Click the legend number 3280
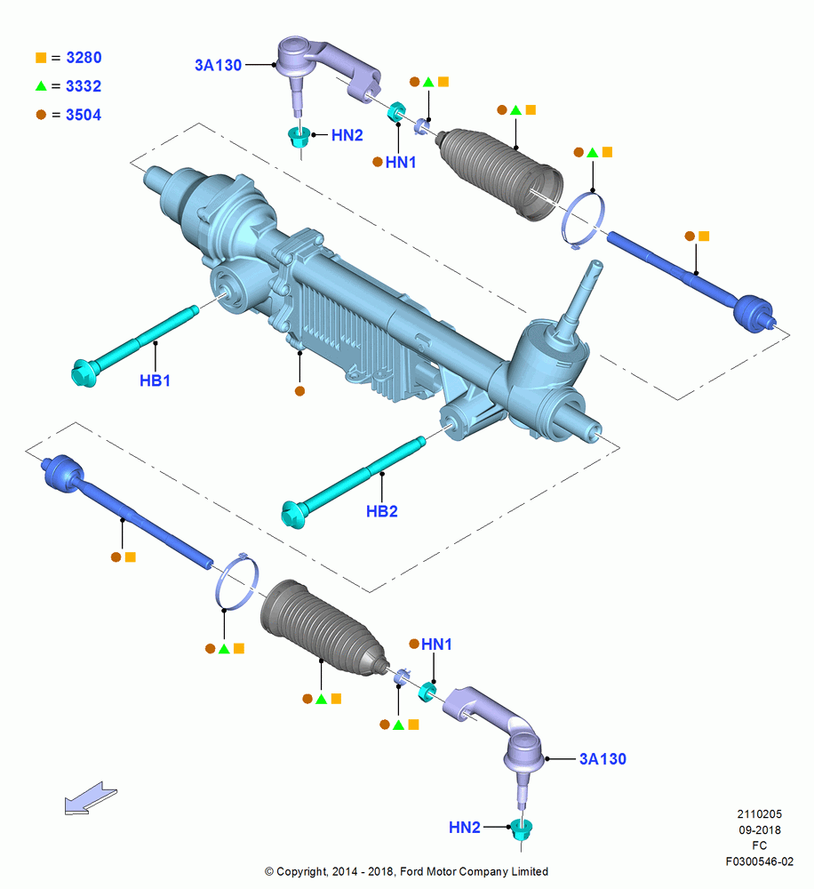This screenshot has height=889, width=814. click(x=84, y=58)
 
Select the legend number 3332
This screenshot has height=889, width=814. click(x=84, y=86)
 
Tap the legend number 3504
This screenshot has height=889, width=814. click(x=84, y=115)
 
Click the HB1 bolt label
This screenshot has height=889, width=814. click(x=155, y=380)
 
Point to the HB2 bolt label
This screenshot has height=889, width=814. click(x=382, y=511)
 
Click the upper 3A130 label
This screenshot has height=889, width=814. click(x=219, y=65)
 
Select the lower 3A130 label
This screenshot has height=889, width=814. click(x=603, y=759)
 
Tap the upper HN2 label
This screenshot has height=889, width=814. click(x=347, y=135)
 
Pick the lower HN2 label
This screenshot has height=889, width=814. click(x=464, y=828)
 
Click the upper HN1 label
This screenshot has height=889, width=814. click(x=401, y=163)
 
